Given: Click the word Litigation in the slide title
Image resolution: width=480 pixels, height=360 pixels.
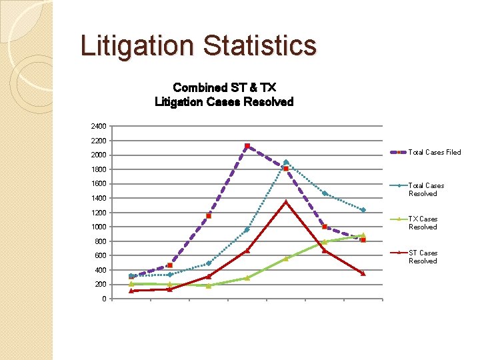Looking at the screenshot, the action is [137, 47].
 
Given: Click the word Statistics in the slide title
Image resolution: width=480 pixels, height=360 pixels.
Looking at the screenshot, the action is [259, 45].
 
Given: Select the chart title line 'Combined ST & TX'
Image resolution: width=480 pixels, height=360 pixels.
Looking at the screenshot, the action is [225, 87].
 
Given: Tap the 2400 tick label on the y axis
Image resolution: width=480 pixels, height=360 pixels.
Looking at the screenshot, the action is [99, 126].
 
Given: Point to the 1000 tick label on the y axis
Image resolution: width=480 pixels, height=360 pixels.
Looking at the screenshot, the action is [99, 227].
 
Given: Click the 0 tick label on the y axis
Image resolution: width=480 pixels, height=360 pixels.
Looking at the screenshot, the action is [105, 299].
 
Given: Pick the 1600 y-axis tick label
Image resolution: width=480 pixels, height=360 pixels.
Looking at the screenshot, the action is [99, 184].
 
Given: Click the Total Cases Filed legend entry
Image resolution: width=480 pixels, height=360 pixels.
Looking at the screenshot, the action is [425, 152].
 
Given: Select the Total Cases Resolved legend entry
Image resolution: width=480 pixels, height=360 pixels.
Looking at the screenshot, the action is [417, 189].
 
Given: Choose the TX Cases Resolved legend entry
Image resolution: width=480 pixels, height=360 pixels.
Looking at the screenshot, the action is [414, 223].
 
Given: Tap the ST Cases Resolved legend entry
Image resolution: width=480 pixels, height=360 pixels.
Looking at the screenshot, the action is [414, 257].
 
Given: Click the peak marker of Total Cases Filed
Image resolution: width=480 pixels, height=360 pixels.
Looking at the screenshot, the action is [247, 146].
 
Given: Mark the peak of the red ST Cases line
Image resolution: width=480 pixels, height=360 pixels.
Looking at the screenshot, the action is [286, 202].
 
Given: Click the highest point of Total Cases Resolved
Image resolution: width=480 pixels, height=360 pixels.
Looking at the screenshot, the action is [286, 162].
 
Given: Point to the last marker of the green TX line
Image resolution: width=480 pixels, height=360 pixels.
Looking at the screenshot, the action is [363, 235].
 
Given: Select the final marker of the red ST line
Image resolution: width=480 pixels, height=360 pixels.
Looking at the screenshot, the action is [363, 273].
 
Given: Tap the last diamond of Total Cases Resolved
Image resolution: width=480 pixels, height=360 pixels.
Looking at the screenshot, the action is [363, 210].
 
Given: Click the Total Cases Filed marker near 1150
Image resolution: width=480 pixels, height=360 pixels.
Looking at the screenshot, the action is [209, 216].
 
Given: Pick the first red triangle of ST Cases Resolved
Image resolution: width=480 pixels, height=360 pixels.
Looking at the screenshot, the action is [131, 291].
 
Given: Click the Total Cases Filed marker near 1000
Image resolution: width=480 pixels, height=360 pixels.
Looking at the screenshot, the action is [325, 227].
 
